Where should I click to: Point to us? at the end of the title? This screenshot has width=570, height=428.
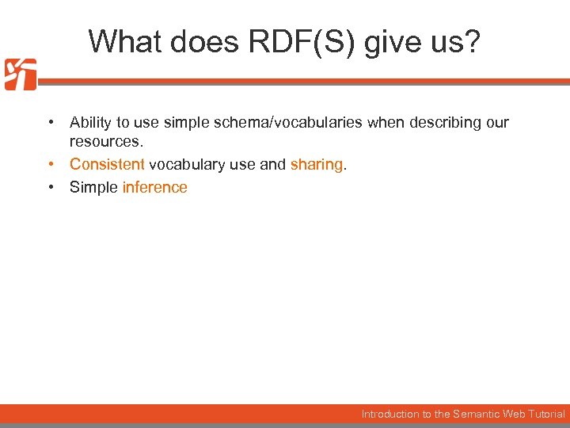tap(457, 42)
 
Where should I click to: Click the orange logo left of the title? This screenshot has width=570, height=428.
tap(20, 75)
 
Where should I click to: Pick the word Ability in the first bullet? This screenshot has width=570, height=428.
tap(91, 123)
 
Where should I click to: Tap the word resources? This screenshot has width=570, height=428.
tap(106, 142)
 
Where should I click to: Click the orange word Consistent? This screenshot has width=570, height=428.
tap(107, 165)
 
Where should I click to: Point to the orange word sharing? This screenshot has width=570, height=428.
tap(317, 165)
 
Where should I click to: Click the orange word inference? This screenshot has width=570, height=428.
tap(155, 188)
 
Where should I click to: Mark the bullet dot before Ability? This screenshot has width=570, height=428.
tap(50, 123)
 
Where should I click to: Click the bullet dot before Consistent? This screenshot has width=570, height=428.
tap(50, 165)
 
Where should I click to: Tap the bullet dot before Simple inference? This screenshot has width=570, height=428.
tap(50, 188)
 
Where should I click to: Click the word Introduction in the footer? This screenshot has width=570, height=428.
tap(389, 414)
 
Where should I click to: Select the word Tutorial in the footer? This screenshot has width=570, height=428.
tap(546, 414)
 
